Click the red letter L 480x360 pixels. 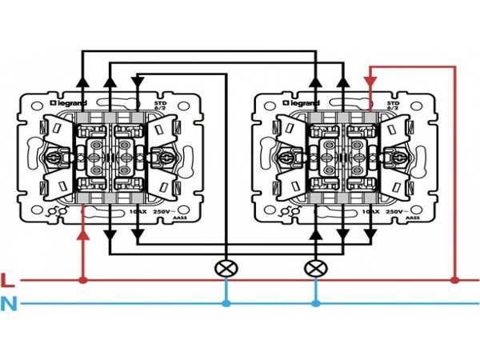(x=8, y=280)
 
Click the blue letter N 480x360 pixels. (x=9, y=304)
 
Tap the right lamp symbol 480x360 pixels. (x=314, y=268)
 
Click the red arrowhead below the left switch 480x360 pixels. (x=82, y=234)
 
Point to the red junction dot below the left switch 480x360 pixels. (x=82, y=280)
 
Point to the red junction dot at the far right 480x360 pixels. (x=454, y=280)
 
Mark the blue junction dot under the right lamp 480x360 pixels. (x=314, y=304)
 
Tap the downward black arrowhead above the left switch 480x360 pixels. (x=137, y=80)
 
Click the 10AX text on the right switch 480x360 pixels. (x=370, y=211)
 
